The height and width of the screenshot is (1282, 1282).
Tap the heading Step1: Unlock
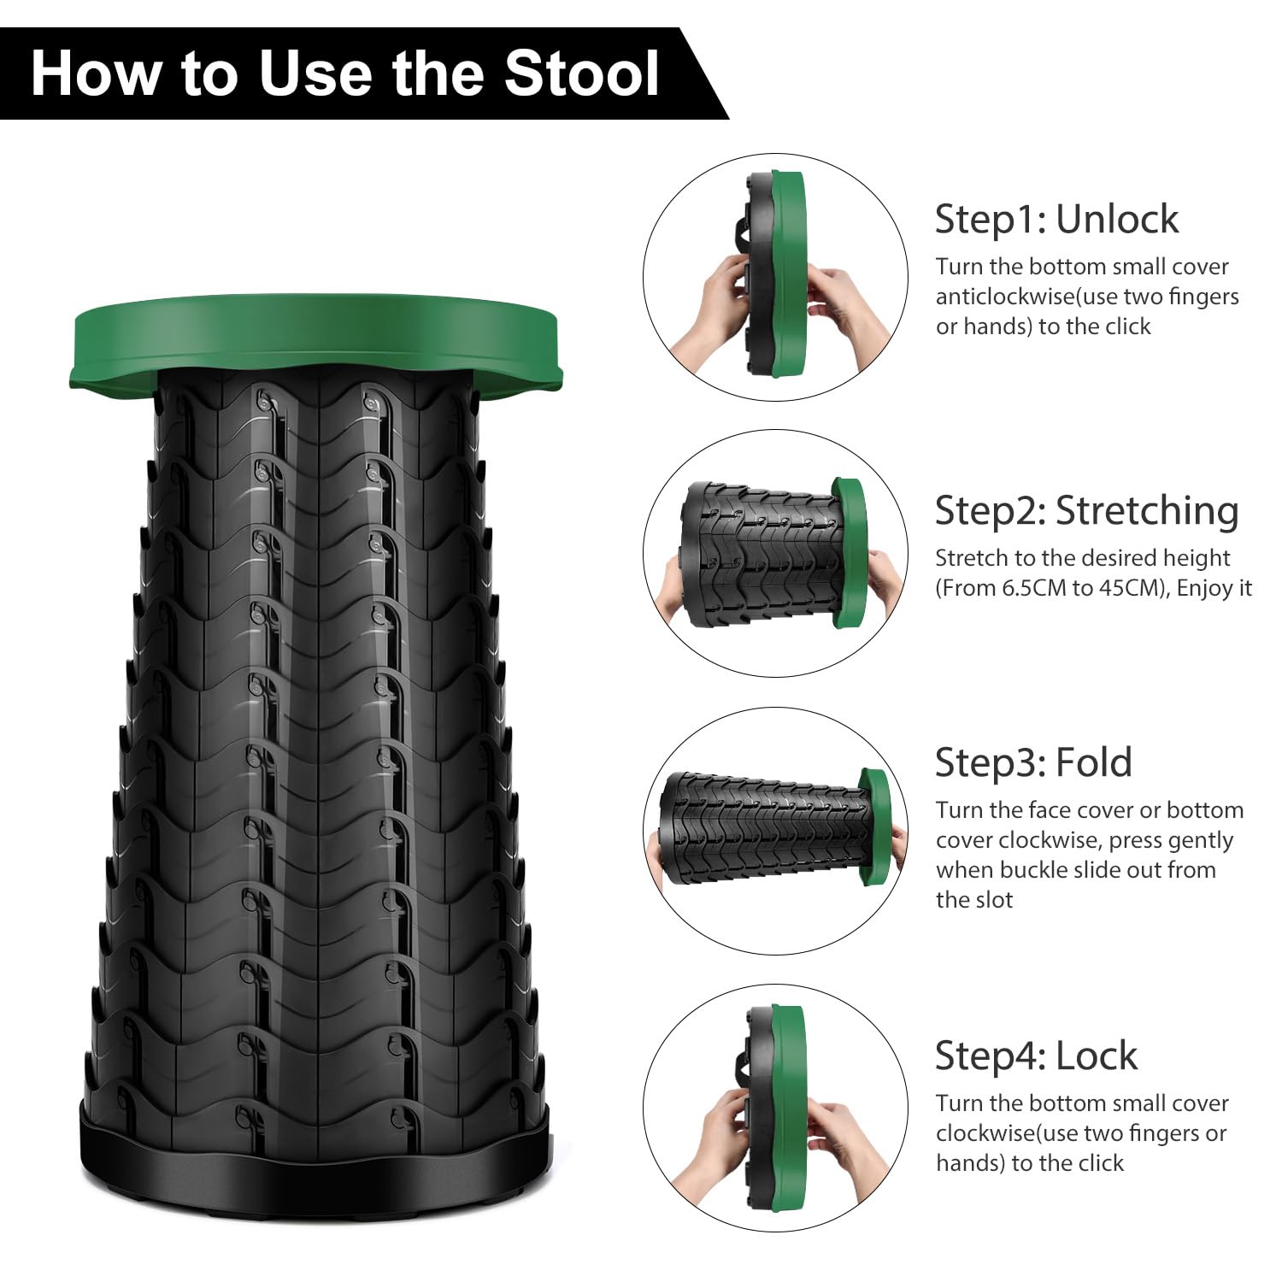1056,219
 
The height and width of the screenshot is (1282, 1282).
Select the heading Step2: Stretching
1086,510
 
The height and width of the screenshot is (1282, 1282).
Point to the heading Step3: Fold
1033,762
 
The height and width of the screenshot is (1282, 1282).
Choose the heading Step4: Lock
1036,1056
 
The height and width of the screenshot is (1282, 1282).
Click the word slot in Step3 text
991,900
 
